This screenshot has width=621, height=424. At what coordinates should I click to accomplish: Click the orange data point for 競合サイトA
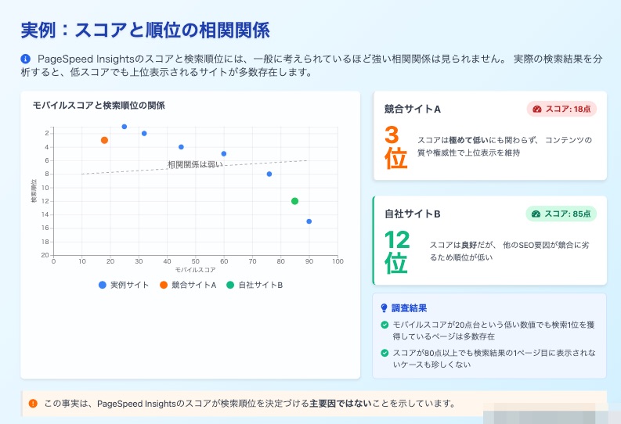[105, 140]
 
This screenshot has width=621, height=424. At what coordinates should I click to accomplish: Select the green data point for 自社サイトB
[294, 201]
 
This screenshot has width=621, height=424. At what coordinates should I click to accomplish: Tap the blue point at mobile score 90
[309, 221]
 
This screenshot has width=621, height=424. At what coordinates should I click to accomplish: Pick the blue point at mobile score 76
[269, 174]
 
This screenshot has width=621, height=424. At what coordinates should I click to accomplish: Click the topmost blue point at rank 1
[125, 127]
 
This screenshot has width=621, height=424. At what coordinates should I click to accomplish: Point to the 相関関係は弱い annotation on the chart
[195, 164]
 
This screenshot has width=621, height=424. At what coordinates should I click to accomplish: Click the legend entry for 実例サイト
[124, 285]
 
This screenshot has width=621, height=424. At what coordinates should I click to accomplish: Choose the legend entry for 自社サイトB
[255, 285]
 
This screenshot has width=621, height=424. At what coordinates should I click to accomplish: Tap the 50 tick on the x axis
[196, 261]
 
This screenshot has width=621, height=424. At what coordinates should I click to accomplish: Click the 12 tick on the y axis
[45, 201]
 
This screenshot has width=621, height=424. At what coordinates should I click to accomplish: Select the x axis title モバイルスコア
[196, 270]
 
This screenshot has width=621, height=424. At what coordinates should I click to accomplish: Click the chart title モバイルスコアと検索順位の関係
[99, 106]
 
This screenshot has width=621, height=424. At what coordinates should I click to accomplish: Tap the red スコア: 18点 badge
[561, 109]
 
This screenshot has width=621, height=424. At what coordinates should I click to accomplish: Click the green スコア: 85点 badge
[561, 214]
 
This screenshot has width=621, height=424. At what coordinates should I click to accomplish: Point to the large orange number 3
[392, 135]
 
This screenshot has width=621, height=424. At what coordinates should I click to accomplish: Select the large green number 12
[397, 240]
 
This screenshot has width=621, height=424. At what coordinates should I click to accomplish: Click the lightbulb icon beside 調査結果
[384, 308]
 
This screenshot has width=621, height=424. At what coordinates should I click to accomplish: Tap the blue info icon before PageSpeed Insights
[25, 59]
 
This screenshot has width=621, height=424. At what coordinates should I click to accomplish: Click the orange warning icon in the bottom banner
[33, 404]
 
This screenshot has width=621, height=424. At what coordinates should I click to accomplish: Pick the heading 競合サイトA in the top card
[412, 110]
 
